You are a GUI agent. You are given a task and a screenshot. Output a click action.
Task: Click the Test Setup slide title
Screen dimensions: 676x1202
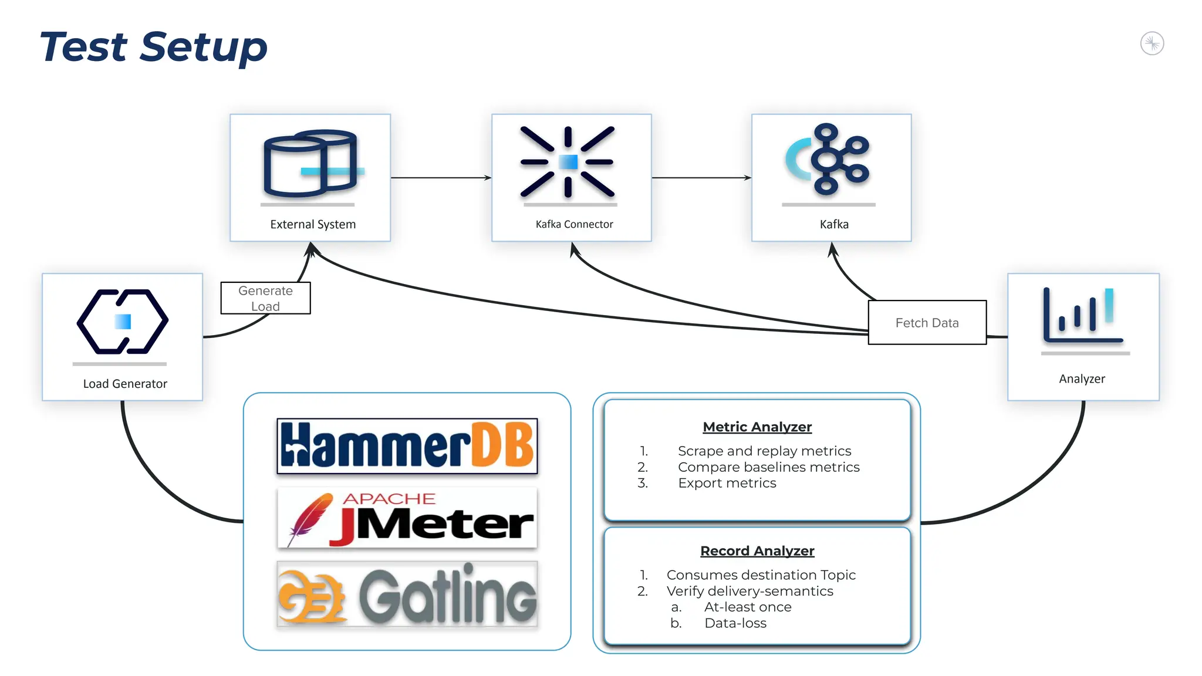pyautogui.click(x=153, y=47)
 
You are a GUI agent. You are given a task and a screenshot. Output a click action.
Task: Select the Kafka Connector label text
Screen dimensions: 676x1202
pyautogui.click(x=574, y=224)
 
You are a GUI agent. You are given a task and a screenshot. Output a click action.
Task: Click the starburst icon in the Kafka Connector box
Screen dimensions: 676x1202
pyautogui.click(x=568, y=161)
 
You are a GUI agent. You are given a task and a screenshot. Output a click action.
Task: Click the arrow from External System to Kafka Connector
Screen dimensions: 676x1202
pyautogui.click(x=440, y=177)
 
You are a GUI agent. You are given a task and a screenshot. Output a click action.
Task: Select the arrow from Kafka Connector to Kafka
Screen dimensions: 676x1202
pyautogui.click(x=701, y=177)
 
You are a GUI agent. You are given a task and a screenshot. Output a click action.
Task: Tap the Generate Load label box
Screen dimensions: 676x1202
pyautogui.click(x=265, y=298)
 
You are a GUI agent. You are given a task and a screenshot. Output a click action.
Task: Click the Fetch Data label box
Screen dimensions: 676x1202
pyautogui.click(x=927, y=323)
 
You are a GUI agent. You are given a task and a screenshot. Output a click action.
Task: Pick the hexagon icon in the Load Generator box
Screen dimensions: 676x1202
pyautogui.click(x=122, y=322)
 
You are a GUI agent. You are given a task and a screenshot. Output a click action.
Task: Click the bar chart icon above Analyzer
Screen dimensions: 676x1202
pyautogui.click(x=1083, y=316)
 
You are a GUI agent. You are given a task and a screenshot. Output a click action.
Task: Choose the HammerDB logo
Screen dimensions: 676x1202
pyautogui.click(x=407, y=446)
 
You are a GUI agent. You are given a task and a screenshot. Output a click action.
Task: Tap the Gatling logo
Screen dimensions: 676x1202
pyautogui.click(x=407, y=594)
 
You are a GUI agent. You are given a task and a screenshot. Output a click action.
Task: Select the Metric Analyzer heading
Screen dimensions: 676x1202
pyautogui.click(x=757, y=427)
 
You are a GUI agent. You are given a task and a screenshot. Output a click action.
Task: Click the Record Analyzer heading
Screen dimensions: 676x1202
pyautogui.click(x=757, y=551)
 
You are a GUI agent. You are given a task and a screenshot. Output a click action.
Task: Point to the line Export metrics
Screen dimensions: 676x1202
pyautogui.click(x=727, y=483)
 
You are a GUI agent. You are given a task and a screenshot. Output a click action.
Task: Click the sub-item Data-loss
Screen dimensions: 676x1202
pyautogui.click(x=735, y=623)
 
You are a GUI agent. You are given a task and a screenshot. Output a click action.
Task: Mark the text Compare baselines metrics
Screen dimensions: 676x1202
pyautogui.click(x=768, y=467)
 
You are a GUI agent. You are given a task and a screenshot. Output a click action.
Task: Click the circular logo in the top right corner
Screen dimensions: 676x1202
pyautogui.click(x=1152, y=43)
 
